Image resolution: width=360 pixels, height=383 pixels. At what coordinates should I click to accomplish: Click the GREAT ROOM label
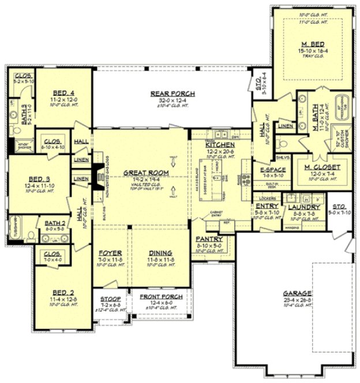141,172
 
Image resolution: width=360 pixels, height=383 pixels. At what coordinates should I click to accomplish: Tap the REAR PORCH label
172,93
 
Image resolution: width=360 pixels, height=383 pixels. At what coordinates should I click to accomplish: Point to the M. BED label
312,44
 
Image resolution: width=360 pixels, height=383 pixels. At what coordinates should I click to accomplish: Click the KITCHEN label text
219,144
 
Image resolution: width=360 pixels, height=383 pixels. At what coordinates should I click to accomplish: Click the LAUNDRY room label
301,206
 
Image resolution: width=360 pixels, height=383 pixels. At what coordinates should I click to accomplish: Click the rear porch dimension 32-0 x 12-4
172,100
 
